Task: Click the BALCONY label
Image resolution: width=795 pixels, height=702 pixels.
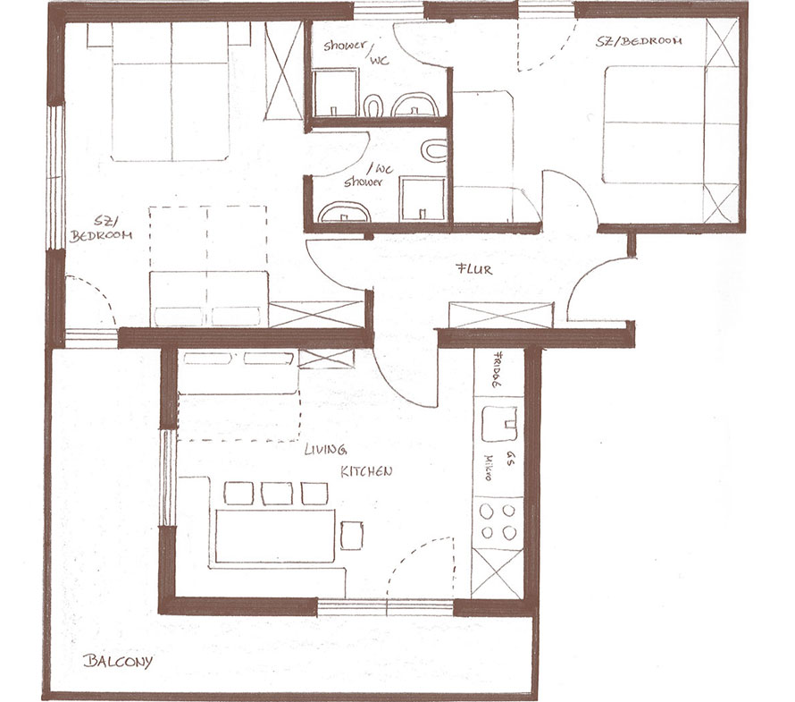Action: coord(118,662)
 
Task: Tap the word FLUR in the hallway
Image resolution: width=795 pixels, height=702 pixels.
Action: coord(474,269)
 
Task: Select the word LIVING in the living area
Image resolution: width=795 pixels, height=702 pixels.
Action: coord(325,449)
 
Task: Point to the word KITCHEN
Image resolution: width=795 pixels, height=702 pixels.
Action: coord(366,471)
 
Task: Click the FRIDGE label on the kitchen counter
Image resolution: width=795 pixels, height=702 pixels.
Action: coord(498,369)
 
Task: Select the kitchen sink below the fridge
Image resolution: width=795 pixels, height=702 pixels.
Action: coord(499,424)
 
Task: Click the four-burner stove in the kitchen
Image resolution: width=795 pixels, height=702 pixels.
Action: coord(498,522)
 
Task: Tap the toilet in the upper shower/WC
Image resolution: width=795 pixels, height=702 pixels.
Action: coord(373,106)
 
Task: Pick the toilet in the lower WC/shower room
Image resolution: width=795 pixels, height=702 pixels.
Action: coord(434,150)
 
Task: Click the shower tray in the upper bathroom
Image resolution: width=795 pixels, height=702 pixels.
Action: coord(335,94)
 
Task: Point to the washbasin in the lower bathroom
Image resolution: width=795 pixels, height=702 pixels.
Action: coord(344,213)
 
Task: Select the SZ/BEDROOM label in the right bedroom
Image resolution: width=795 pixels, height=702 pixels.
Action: coord(639,41)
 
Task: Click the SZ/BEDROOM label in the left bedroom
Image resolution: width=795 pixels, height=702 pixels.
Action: coord(101,229)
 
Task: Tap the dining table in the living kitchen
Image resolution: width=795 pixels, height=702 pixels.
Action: coord(275,536)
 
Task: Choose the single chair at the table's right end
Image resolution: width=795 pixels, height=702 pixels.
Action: coord(351,535)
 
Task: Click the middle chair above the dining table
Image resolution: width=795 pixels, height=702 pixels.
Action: coord(277,494)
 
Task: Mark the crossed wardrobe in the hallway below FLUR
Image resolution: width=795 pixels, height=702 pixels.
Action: coord(501,315)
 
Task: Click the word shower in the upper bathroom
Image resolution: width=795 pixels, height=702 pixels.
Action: coord(345,46)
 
